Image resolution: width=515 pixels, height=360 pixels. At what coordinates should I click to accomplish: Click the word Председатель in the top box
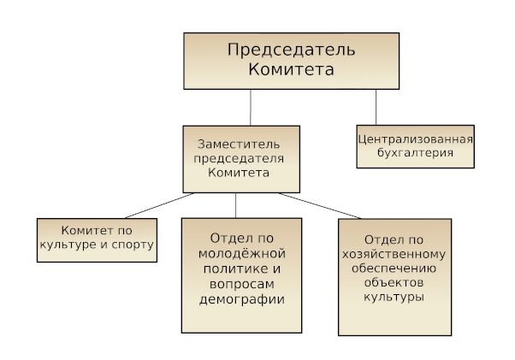point(292,50)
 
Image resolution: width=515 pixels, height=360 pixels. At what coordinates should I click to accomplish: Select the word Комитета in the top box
point(292,69)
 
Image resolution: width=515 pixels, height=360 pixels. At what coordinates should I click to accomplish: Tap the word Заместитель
point(239,144)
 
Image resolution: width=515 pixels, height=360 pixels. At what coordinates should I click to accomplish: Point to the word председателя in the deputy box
point(239,159)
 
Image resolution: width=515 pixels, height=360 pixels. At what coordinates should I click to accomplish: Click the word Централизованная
point(416,139)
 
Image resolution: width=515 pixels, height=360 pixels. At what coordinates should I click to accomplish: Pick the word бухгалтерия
point(416,152)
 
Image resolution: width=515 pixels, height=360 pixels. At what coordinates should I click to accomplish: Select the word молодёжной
point(242,253)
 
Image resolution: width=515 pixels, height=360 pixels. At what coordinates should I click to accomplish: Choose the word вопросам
point(242,284)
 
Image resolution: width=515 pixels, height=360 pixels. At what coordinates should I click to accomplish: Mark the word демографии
point(242,299)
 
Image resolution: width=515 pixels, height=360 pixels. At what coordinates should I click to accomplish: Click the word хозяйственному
point(394,254)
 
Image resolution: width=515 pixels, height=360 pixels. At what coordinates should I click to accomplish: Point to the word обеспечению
point(394,269)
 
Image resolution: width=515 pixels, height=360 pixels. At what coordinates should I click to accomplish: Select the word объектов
point(394,282)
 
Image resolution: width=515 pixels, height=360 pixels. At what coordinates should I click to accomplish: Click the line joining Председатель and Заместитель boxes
point(251,107)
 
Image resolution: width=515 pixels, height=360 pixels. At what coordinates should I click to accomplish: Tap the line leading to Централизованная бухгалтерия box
point(376,107)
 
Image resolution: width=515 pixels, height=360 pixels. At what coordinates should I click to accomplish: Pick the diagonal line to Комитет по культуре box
point(160,206)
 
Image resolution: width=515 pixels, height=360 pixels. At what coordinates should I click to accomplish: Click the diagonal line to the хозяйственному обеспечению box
point(320,206)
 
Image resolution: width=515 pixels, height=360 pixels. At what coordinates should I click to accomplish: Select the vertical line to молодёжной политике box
point(235,205)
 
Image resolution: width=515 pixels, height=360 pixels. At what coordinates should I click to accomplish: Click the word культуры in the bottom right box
point(394,297)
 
